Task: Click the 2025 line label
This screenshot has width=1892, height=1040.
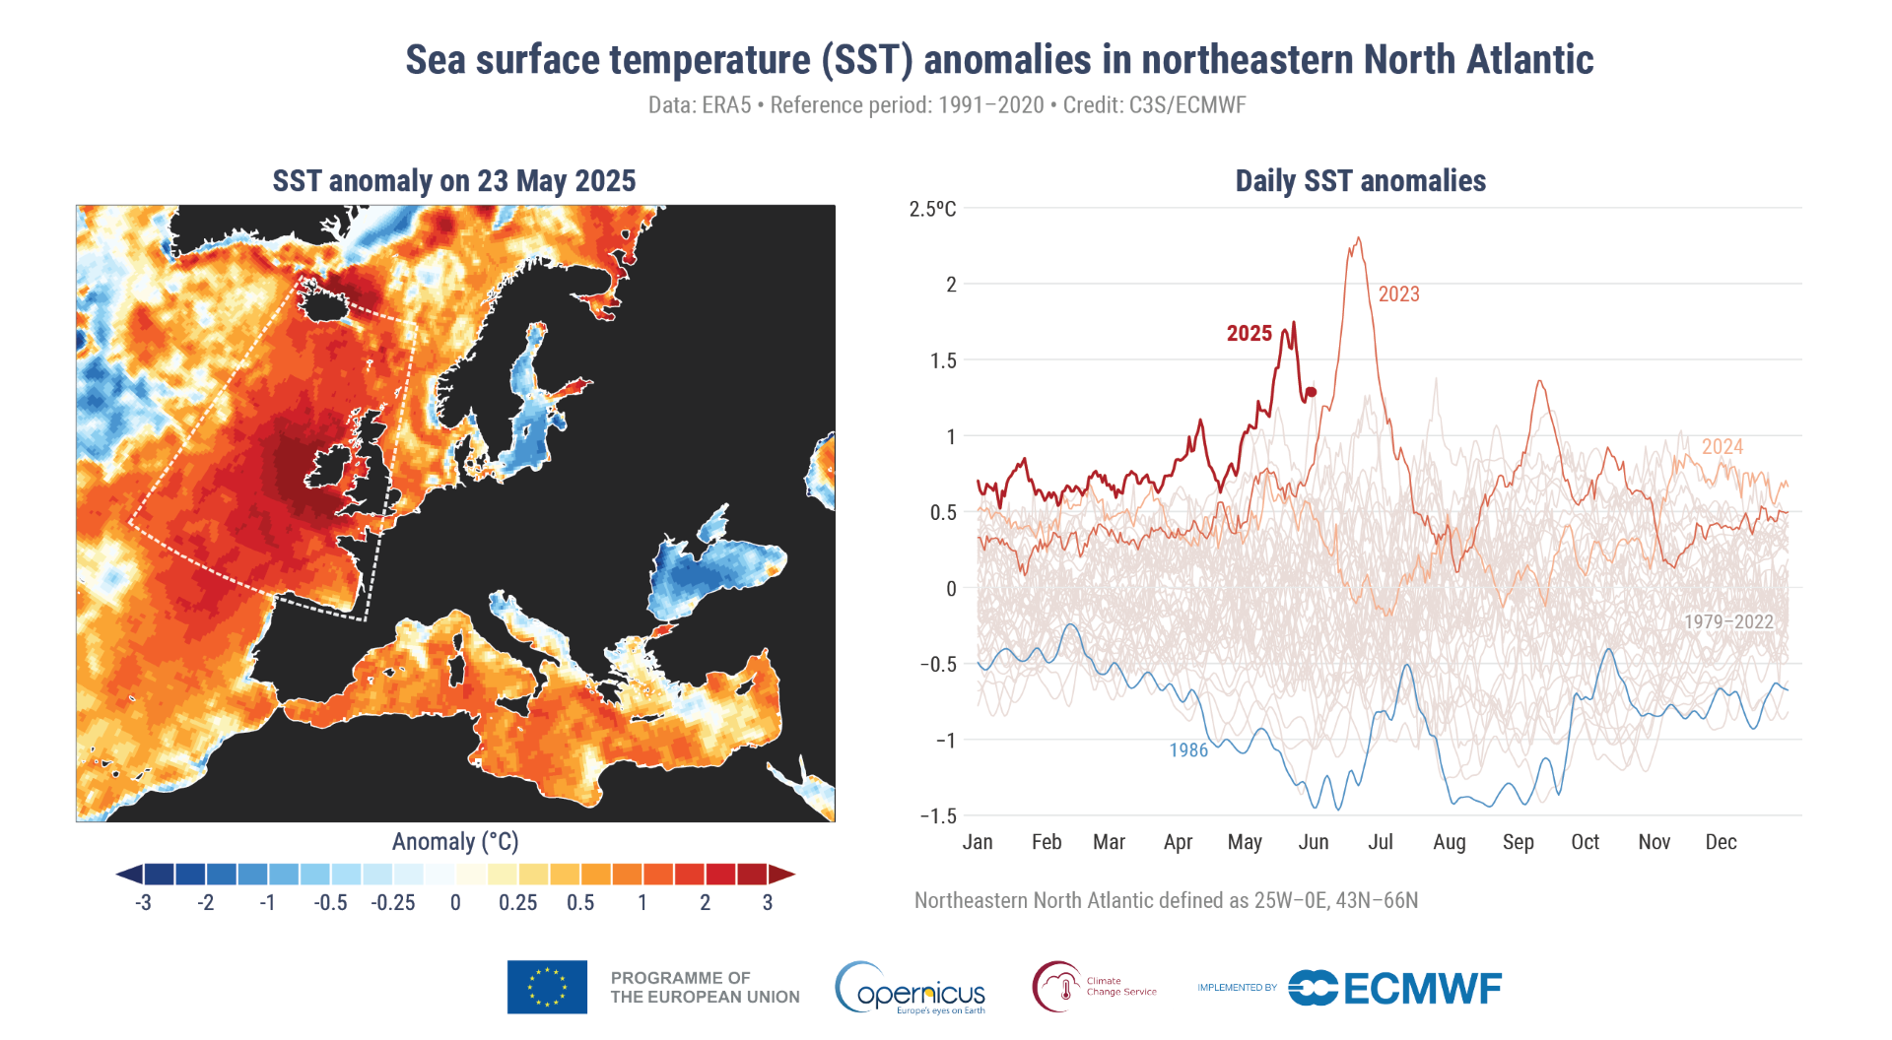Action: point(1249,334)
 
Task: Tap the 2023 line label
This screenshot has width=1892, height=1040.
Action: point(1398,294)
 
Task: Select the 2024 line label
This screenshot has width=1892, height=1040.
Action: point(1722,447)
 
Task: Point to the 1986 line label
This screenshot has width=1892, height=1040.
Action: point(1188,750)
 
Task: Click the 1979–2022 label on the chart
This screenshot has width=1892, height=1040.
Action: point(1728,622)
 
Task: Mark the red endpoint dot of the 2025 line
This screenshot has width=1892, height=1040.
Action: point(1312,392)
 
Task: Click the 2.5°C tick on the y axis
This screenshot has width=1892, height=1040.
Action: point(932,209)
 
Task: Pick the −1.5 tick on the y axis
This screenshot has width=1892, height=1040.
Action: point(937,815)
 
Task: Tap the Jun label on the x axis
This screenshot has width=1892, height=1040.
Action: point(1313,842)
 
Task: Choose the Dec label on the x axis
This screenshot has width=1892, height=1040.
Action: point(1721,842)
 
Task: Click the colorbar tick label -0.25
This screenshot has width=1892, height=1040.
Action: point(392,903)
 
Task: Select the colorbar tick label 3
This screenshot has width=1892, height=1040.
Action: point(768,903)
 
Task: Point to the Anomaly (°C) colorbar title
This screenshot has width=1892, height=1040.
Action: point(455,842)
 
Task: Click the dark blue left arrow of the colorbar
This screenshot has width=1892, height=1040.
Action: point(129,875)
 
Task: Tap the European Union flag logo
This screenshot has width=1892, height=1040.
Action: point(547,987)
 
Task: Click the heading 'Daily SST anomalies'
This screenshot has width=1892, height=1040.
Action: point(1360,181)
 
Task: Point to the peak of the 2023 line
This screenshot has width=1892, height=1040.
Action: point(1359,237)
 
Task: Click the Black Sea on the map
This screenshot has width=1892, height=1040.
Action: point(709,572)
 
